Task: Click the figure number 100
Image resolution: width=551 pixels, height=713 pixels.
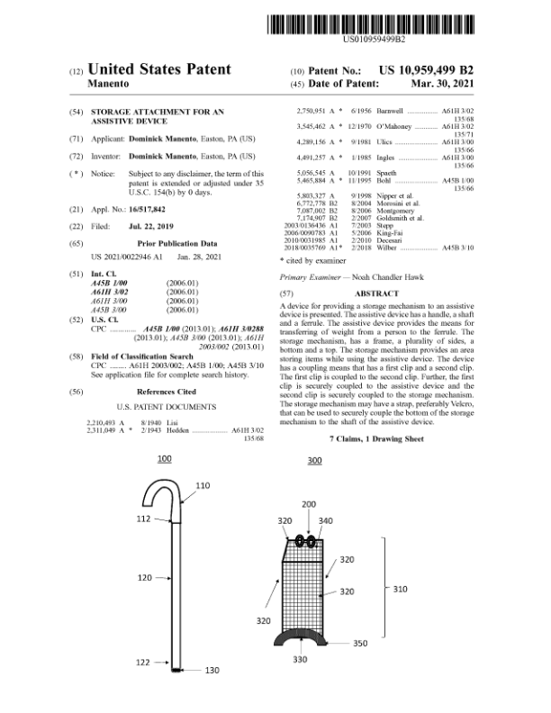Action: (165, 459)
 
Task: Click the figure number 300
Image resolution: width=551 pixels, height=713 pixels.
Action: (314, 461)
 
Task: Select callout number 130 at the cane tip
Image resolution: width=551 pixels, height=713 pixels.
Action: (212, 670)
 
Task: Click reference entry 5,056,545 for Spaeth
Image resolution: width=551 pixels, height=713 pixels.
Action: (314, 171)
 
